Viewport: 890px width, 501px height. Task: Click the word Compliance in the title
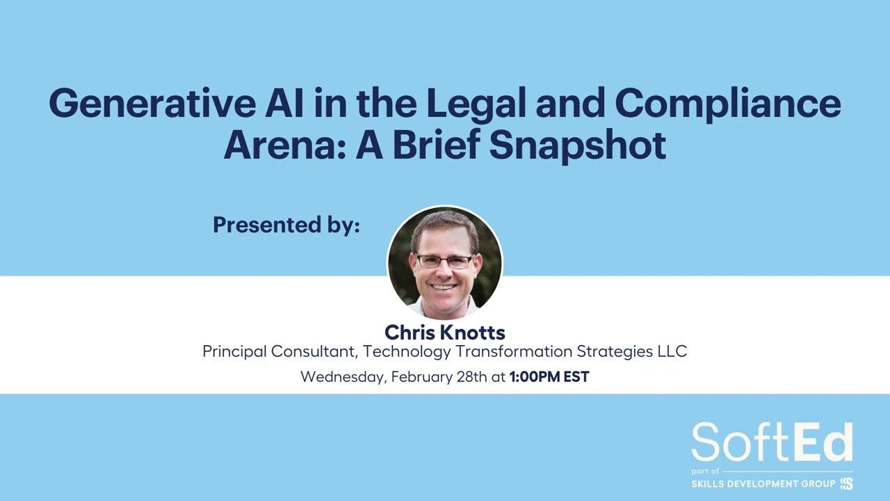coord(728,104)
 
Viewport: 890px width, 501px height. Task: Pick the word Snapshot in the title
coord(578,145)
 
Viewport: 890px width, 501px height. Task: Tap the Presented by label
coord(286,225)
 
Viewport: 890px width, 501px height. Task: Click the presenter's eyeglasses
coord(444,262)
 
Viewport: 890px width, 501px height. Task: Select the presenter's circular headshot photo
coord(444,262)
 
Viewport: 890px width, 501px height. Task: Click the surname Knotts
coord(472,332)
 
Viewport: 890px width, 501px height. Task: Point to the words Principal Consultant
coord(279,351)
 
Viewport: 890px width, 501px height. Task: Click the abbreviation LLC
coord(672,351)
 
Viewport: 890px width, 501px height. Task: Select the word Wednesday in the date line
coord(342,377)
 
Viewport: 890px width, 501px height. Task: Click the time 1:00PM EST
coord(549,377)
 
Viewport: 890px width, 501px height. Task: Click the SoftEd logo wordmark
coord(772,442)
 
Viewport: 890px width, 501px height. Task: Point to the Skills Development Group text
coord(763,484)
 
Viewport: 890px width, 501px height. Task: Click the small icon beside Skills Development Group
coord(846,484)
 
